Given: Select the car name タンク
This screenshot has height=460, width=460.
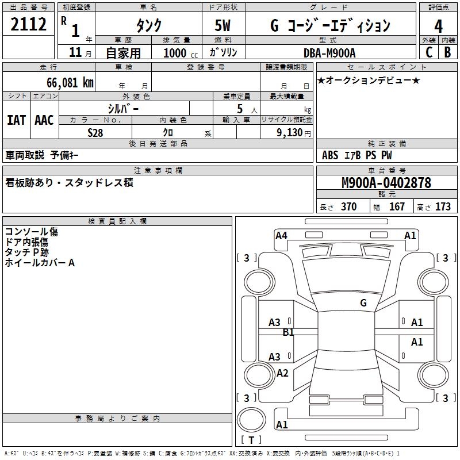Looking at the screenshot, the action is [x=148, y=25].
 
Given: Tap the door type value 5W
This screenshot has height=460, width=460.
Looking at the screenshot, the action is [x=224, y=25].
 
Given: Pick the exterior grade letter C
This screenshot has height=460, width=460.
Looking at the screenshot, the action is [x=428, y=52].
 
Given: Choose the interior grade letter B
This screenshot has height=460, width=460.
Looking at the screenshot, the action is [x=447, y=52].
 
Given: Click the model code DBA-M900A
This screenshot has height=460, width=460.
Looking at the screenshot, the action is [x=329, y=53].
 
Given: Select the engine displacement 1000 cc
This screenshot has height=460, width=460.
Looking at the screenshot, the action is [x=181, y=53].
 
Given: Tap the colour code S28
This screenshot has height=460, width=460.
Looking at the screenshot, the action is [x=95, y=132].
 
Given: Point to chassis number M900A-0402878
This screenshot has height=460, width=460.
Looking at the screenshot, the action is [x=386, y=183].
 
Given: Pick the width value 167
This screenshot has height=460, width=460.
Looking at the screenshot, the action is [x=397, y=207].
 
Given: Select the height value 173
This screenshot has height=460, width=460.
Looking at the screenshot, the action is [x=443, y=207].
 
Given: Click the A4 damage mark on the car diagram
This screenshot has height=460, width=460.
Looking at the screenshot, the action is [x=281, y=235].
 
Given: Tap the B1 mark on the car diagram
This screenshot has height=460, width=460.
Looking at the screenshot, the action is [x=288, y=332].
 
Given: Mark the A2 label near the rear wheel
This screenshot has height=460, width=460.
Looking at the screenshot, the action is [x=282, y=373].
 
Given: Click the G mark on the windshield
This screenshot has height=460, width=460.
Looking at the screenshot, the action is [x=363, y=302].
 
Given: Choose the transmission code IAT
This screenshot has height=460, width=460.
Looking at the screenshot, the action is [x=17, y=120].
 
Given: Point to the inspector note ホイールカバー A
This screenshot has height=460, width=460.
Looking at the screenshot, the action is [x=40, y=263].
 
